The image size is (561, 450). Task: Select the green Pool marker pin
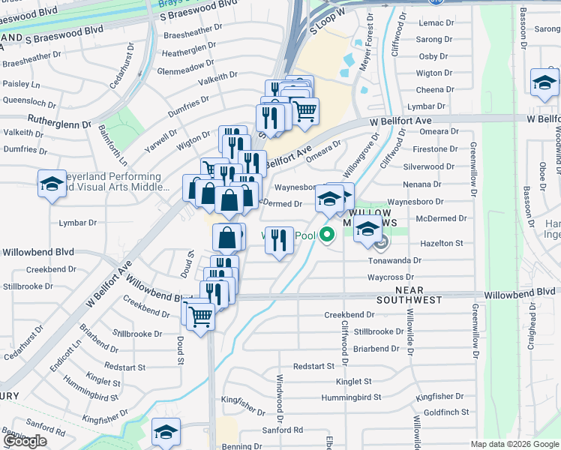pos(327,235)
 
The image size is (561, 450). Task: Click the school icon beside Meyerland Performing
pos(52,184)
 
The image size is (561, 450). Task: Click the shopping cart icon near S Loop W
pos(304,111)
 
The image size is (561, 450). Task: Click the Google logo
pos(25,441)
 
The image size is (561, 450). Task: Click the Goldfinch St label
pos(445,412)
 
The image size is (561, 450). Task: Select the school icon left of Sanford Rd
pos(166,431)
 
